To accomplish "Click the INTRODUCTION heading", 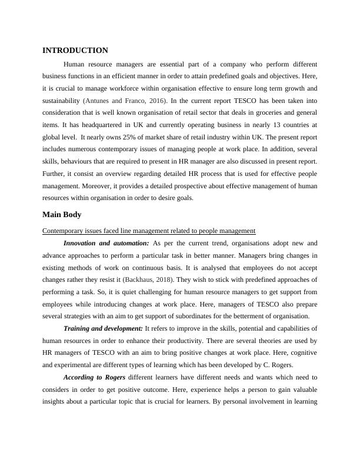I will (x=75, y=51).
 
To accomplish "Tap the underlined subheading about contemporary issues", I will (x=149, y=231).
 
